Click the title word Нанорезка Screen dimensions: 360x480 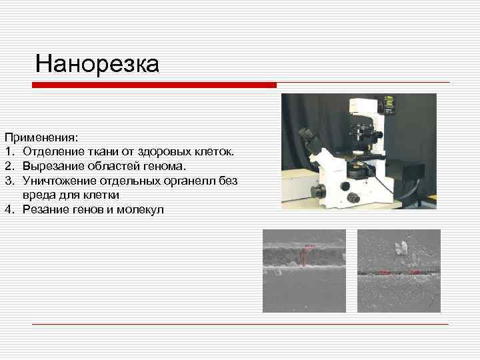97,64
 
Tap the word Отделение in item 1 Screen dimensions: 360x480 51,152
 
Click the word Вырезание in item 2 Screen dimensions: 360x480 51,166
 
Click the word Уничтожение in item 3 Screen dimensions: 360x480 58,181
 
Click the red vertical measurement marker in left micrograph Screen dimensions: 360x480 305,256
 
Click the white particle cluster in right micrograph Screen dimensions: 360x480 401,249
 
